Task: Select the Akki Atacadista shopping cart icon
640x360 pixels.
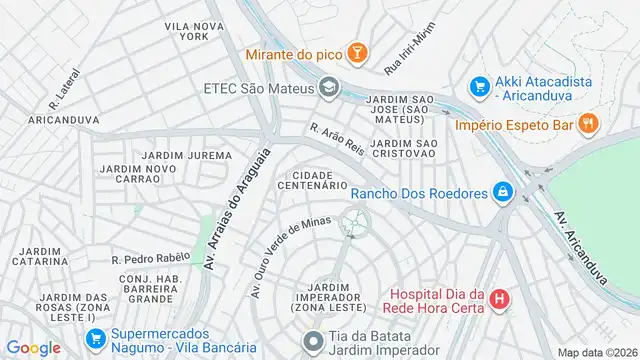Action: click(x=480, y=87)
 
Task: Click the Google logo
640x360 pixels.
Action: click(x=33, y=347)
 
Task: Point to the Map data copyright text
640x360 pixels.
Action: click(x=597, y=352)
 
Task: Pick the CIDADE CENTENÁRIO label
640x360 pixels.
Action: click(x=325, y=180)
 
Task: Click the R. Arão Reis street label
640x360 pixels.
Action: click(x=337, y=139)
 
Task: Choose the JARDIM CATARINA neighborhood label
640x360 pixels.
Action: click(x=40, y=255)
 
